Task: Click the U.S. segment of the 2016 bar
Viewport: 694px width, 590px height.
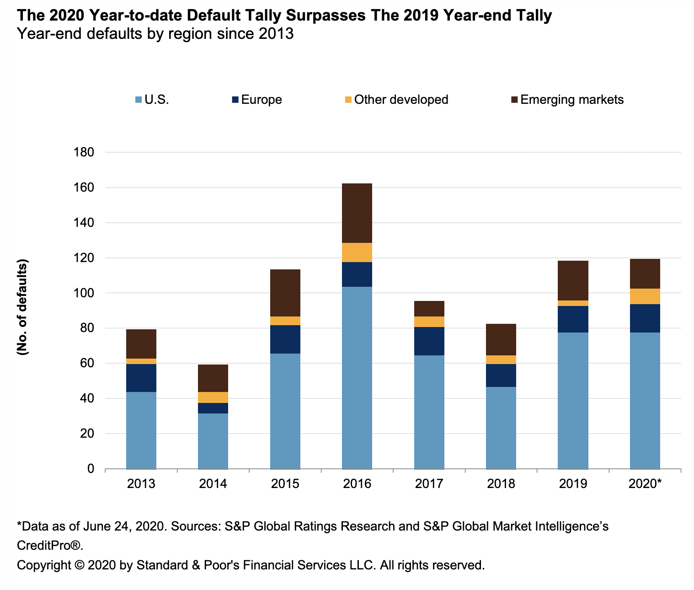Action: pyautogui.click(x=357, y=377)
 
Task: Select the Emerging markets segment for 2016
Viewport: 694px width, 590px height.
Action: pyautogui.click(x=357, y=213)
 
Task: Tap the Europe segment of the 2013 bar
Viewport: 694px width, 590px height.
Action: pyautogui.click(x=141, y=378)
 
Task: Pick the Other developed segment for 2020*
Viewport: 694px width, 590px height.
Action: pyautogui.click(x=645, y=296)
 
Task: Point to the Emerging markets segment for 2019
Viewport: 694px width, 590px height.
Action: pyautogui.click(x=573, y=280)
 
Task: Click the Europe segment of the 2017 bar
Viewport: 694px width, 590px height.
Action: pyautogui.click(x=429, y=341)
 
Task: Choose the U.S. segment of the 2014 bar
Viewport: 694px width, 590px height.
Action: pyautogui.click(x=213, y=441)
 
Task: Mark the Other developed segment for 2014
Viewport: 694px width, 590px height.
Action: pyautogui.click(x=213, y=397)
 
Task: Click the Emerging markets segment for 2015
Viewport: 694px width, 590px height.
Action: pyautogui.click(x=285, y=293)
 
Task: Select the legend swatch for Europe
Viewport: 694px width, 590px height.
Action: pyautogui.click(x=235, y=100)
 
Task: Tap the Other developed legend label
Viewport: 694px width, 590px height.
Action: pyautogui.click(x=401, y=100)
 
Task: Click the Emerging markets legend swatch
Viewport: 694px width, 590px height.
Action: pyautogui.click(x=514, y=100)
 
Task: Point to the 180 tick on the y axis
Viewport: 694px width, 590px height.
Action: pyautogui.click(x=84, y=152)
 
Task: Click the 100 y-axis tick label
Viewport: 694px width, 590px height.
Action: pyautogui.click(x=84, y=293)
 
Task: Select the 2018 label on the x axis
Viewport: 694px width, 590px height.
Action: pyautogui.click(x=501, y=483)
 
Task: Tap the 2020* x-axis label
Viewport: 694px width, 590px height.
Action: pyautogui.click(x=645, y=483)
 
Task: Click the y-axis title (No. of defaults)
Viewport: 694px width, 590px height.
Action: pyautogui.click(x=22, y=307)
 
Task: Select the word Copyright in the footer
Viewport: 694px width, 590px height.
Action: pyautogui.click(x=43, y=565)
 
